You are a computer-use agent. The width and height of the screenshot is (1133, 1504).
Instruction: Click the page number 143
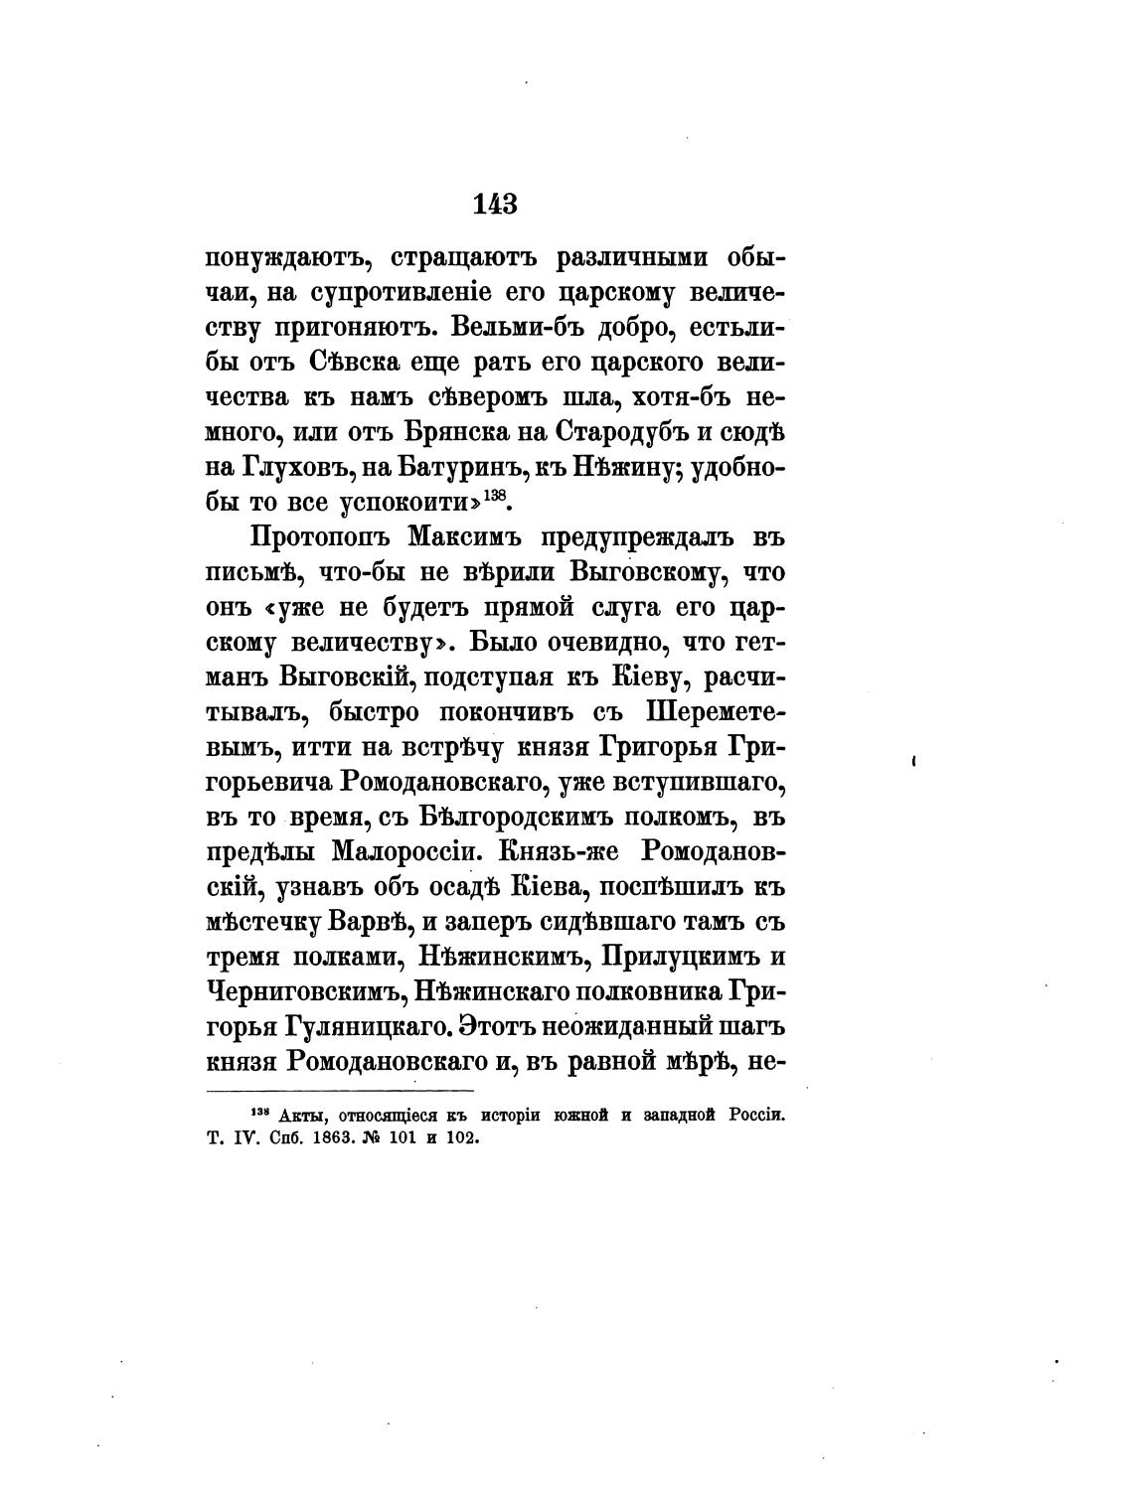click(x=495, y=204)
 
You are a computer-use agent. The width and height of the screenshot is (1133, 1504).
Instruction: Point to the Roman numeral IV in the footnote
click(x=239, y=1138)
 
